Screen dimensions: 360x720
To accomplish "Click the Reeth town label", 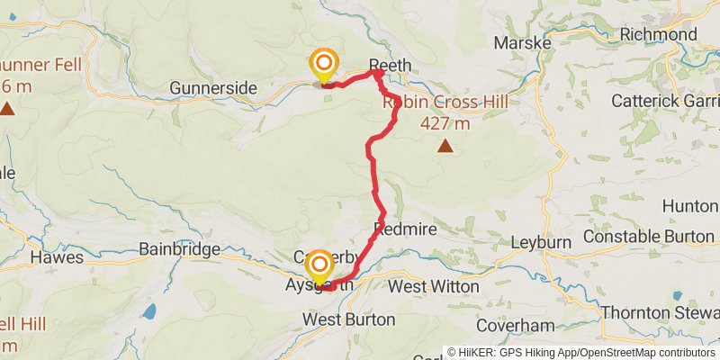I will click(x=390, y=65).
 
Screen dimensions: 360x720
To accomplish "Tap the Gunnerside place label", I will click(x=214, y=88).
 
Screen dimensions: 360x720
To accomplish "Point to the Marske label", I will click(x=517, y=42).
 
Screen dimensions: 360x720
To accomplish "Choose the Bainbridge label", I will click(x=180, y=248).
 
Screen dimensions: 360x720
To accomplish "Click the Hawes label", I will click(x=57, y=257).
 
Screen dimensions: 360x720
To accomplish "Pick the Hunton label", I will click(x=690, y=206).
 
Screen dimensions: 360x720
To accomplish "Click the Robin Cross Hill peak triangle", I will click(x=444, y=145).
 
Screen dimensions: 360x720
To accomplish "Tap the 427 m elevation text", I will click(x=445, y=123).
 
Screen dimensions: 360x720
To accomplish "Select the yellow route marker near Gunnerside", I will click(x=323, y=65).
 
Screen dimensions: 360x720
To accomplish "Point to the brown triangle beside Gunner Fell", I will click(x=7, y=109).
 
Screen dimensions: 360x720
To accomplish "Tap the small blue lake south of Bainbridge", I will click(x=148, y=312).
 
